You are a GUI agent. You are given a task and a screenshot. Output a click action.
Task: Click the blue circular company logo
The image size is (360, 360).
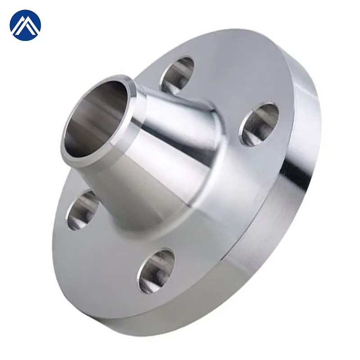coord(25,25)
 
